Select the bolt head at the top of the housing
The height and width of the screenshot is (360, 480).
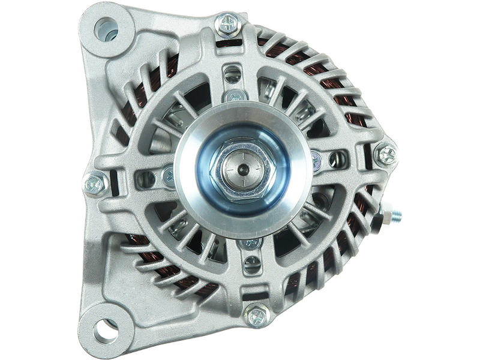click(227, 23)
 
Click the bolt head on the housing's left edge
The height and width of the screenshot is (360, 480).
click(95, 181)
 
